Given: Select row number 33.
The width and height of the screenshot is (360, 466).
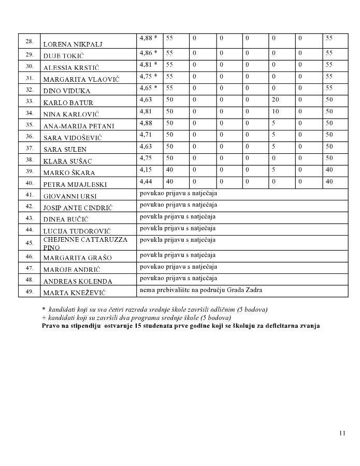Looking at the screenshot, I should (x=30, y=101).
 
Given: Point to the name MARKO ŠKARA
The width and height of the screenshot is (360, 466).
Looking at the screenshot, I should (x=69, y=172).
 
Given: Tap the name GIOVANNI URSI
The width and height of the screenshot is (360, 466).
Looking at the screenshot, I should (x=70, y=196).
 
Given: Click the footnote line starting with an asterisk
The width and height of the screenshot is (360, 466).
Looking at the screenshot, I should (x=155, y=310).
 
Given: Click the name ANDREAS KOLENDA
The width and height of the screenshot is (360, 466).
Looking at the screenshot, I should (x=77, y=282).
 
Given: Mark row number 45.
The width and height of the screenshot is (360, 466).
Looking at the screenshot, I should (x=30, y=243).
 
